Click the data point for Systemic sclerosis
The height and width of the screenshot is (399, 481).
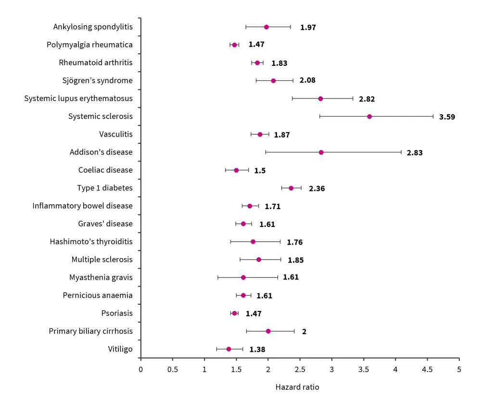(369, 116)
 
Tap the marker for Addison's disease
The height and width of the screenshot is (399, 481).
(321, 152)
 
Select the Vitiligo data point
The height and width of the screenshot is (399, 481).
(228, 349)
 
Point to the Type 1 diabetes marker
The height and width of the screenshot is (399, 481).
(291, 188)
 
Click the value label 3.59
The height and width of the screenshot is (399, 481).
(447, 117)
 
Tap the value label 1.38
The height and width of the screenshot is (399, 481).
(257, 349)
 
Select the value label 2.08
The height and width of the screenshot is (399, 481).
(307, 80)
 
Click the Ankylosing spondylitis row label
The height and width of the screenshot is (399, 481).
(93, 27)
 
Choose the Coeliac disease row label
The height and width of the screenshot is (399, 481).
(105, 170)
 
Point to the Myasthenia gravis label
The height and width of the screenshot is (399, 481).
(101, 277)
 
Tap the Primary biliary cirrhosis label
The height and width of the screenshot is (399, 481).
(90, 331)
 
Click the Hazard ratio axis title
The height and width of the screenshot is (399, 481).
(297, 387)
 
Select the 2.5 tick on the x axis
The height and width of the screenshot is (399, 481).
(300, 369)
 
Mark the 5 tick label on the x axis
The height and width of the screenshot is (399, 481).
(459, 369)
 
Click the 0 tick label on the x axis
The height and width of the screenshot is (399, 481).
(140, 369)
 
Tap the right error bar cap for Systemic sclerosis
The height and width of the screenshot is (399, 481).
(433, 116)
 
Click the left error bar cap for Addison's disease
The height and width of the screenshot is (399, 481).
(266, 152)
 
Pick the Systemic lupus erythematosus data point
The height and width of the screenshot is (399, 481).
(320, 99)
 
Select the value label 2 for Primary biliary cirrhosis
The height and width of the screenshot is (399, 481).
(304, 332)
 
